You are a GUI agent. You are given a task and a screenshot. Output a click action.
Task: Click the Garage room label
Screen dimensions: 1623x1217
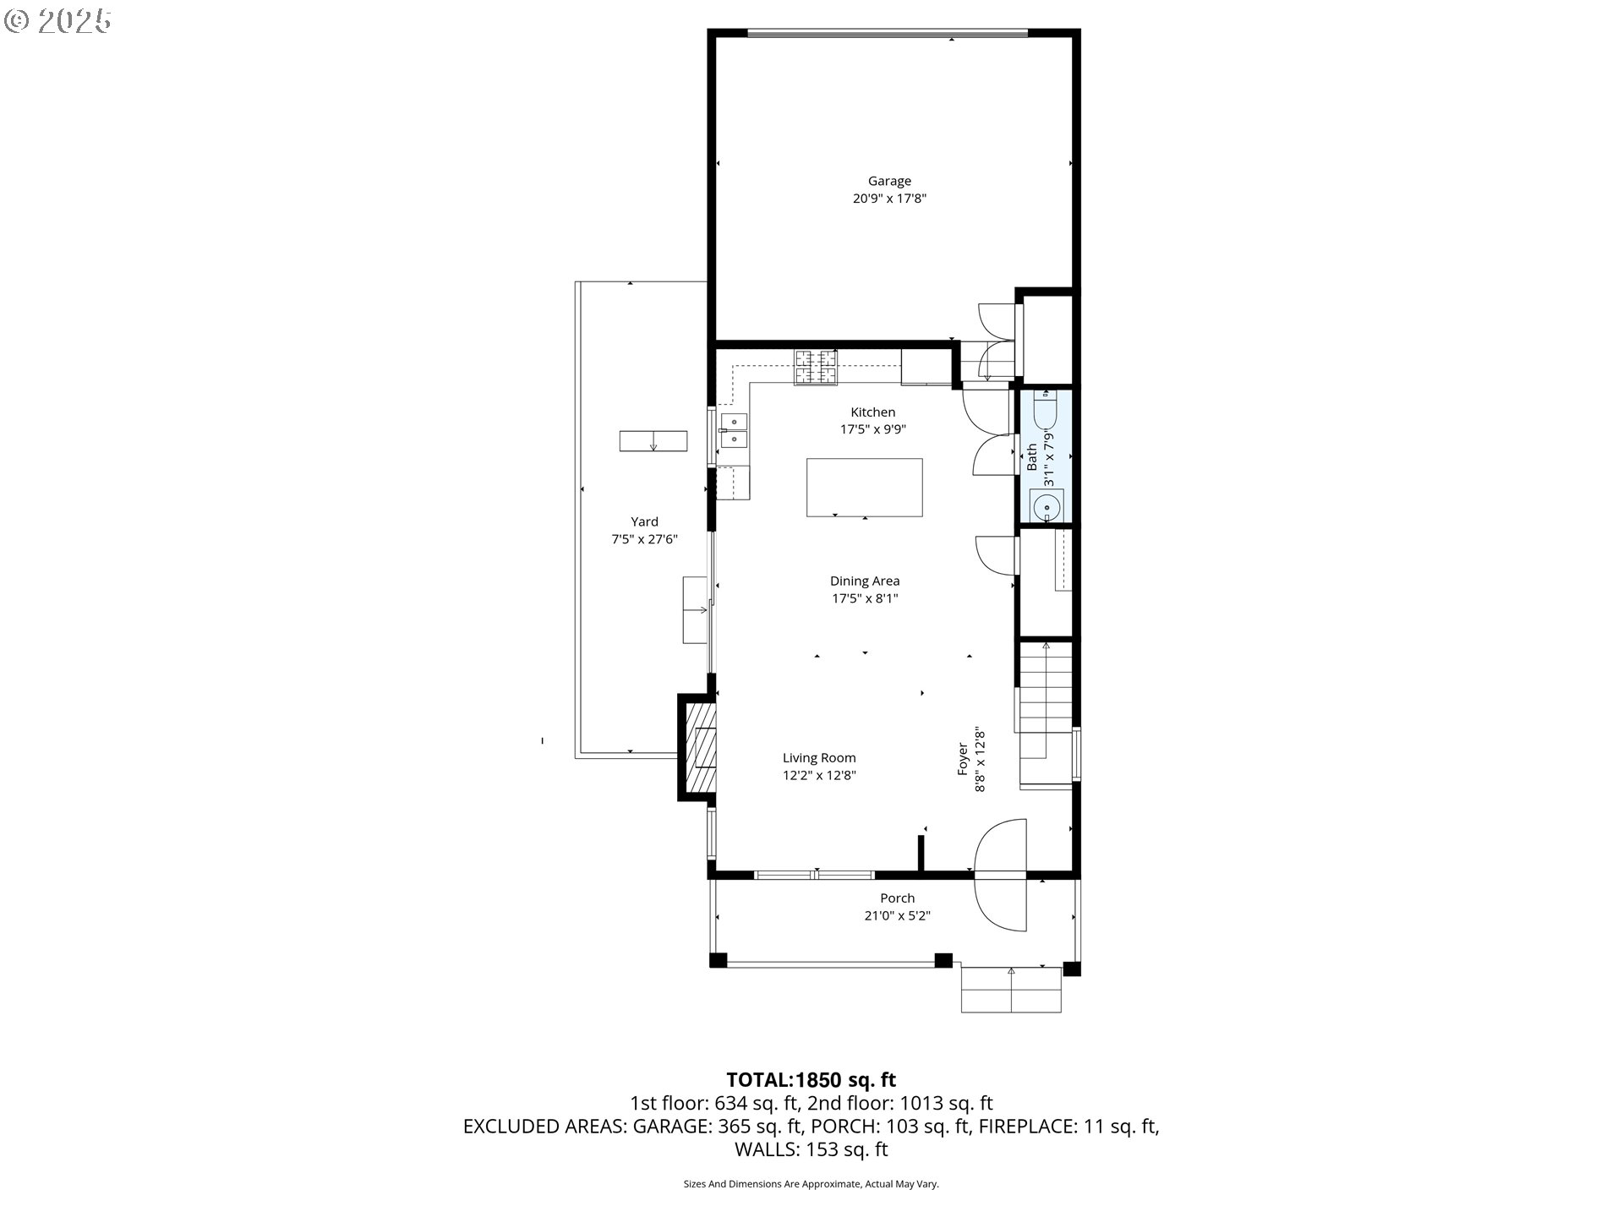[x=889, y=181]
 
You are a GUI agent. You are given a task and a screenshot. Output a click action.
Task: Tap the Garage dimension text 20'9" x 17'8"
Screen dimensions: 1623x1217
[x=889, y=199]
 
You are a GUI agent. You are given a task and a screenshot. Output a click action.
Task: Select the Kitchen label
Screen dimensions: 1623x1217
[x=872, y=412]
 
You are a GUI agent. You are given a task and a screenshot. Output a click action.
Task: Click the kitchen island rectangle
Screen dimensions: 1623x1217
[x=864, y=487]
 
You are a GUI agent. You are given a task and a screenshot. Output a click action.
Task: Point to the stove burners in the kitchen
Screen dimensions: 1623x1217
[x=815, y=367]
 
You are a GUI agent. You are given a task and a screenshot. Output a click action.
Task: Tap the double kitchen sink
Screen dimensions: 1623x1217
[x=733, y=430]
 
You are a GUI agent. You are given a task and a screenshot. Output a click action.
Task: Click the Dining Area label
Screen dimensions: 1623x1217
[x=865, y=581]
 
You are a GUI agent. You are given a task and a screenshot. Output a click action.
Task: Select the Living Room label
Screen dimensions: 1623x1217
[x=819, y=758]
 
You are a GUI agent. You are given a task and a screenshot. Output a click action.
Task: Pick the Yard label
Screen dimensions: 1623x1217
[x=644, y=521]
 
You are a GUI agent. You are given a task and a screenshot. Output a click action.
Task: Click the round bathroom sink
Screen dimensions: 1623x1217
[x=1046, y=507]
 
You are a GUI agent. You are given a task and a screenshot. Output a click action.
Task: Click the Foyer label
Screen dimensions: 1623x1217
[x=962, y=759]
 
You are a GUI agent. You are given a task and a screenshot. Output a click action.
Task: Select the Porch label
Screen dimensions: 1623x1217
[x=897, y=898]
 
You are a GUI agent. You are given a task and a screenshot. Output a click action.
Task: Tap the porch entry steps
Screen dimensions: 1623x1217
[x=1011, y=990]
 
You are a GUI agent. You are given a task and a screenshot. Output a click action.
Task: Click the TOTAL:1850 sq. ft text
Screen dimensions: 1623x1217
[x=811, y=1080]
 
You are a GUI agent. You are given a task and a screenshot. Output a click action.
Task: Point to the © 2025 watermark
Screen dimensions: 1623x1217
[x=57, y=20]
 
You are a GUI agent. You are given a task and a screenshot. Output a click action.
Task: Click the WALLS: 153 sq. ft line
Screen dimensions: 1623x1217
[x=811, y=1149]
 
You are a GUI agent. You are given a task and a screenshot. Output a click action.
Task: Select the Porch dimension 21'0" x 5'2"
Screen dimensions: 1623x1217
[x=897, y=915]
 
